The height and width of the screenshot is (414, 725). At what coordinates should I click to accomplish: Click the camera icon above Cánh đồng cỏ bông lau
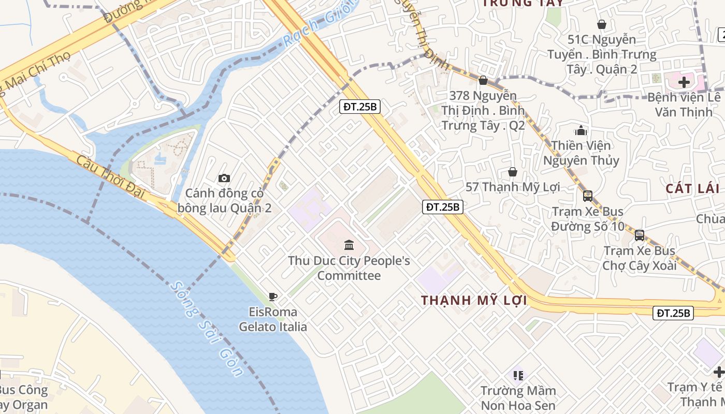224,178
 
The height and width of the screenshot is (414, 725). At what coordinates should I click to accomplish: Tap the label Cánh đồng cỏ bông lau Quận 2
225,201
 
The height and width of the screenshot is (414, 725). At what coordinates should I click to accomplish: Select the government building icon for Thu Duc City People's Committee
349,245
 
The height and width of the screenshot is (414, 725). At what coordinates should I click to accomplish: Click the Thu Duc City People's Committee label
349,268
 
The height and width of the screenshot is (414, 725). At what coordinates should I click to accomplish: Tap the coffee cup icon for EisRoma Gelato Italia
273,297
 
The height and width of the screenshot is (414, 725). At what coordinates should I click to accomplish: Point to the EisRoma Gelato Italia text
273,319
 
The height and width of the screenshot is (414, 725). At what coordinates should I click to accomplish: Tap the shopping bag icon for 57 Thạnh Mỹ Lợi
513,172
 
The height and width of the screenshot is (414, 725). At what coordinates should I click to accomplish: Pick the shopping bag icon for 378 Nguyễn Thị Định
483,81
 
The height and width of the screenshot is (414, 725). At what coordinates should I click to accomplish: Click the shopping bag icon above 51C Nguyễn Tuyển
602,24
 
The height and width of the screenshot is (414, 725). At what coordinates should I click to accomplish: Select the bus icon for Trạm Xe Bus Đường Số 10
588,196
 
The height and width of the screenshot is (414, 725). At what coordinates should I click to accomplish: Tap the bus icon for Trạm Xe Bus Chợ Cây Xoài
640,235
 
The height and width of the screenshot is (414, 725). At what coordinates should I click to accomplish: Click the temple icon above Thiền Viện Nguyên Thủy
581,130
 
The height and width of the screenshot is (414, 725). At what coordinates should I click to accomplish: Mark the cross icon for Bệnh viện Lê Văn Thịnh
684,82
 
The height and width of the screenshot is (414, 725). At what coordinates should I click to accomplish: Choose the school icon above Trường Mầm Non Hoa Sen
518,375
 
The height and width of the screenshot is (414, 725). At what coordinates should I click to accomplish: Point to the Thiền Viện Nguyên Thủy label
581,153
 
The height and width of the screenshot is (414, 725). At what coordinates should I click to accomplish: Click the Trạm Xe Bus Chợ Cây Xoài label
640,258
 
